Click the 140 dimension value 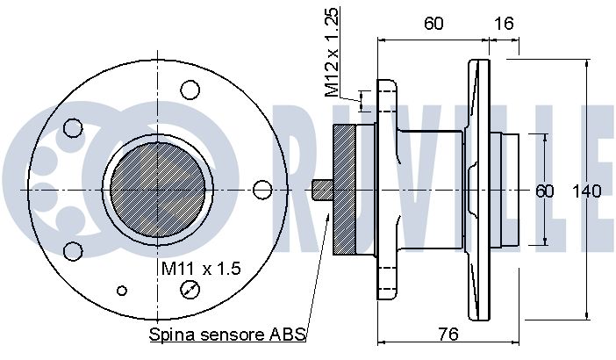coord(586,191)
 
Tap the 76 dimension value coord(448,334)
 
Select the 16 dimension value coord(504,24)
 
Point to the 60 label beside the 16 coord(433,24)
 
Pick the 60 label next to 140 coord(545,191)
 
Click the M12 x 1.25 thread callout coord(332,53)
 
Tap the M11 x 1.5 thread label coord(201,269)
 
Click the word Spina coord(172,335)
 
